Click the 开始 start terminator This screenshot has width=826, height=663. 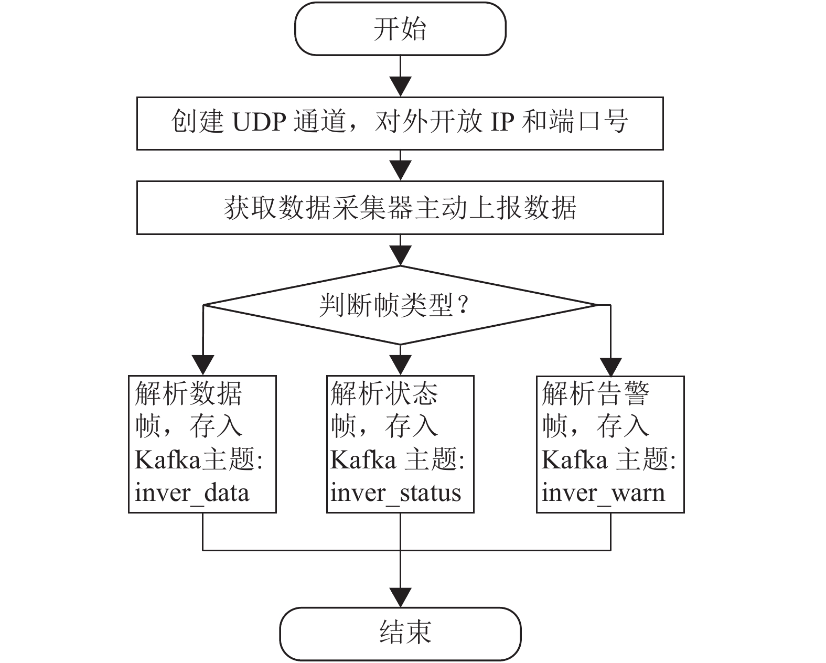pos(400,29)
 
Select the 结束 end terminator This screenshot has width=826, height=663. pos(400,634)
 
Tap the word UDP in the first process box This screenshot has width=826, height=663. pos(260,122)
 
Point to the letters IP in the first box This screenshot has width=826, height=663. pos(502,122)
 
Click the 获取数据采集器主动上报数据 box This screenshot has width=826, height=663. pos(400,208)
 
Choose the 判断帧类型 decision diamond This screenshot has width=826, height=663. pos(400,305)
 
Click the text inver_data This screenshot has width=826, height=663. pos(192,493)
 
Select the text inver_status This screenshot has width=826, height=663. pos(395,493)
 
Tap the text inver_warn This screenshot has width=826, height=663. pos(603,493)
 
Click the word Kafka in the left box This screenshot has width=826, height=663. pos(168,460)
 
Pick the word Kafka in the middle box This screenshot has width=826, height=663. pos(363,460)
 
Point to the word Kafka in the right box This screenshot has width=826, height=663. pos(574,460)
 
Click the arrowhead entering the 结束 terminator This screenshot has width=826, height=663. pos(400,598)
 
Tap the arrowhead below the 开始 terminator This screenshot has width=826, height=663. pos(400,87)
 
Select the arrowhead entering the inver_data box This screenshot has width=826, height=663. pos(202,365)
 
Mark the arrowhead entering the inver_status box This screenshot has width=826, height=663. pos(400,365)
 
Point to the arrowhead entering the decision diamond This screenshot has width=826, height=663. pos(400,255)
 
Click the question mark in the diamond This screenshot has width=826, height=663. pos(463,306)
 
